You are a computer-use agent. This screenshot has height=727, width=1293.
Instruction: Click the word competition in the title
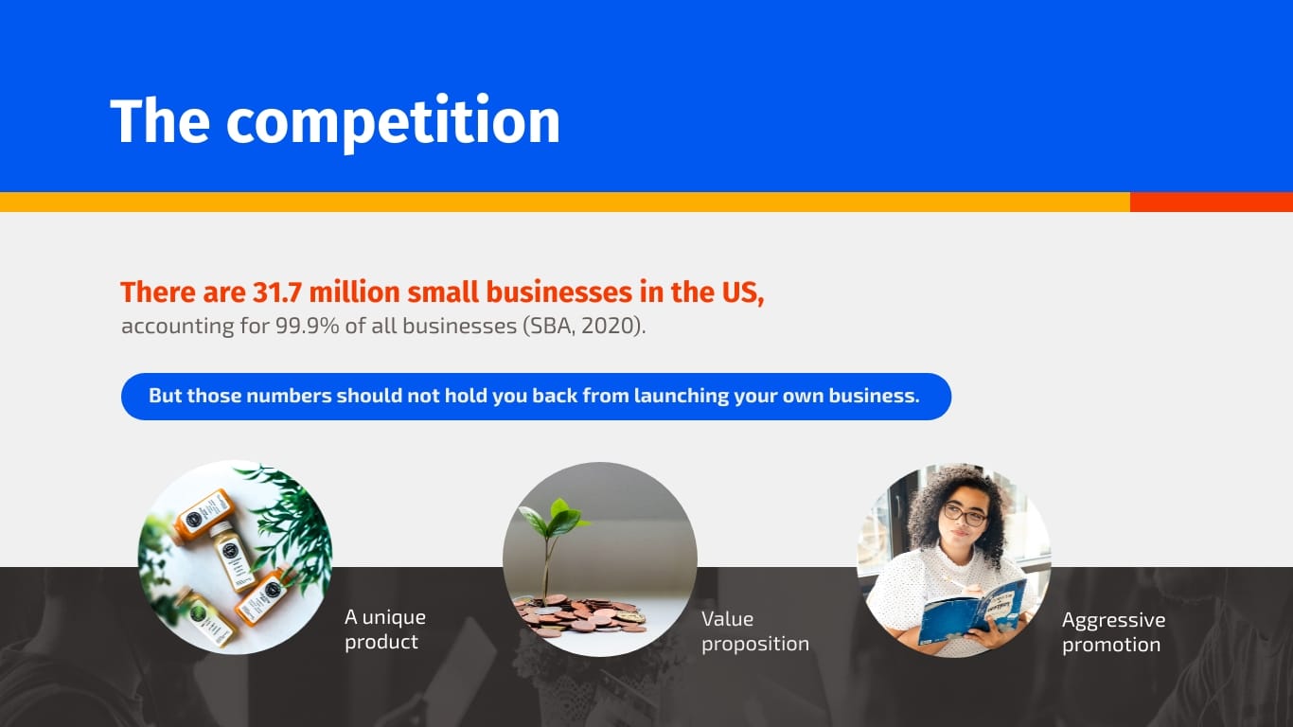tap(393, 122)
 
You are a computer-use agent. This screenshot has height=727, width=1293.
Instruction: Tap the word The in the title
tap(160, 120)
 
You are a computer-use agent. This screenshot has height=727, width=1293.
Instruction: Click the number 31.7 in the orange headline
tap(277, 293)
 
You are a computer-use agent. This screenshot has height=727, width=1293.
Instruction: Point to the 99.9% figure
tap(307, 327)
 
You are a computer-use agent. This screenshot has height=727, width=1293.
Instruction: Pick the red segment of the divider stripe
tap(1211, 203)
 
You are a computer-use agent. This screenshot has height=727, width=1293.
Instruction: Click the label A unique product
tap(385, 629)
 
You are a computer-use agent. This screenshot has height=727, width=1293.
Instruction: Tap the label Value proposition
tap(755, 631)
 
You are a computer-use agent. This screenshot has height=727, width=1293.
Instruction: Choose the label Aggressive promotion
tap(1113, 632)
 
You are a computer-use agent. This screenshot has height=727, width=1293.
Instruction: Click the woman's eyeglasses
tap(965, 513)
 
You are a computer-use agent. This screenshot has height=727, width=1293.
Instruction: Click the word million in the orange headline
tap(354, 293)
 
